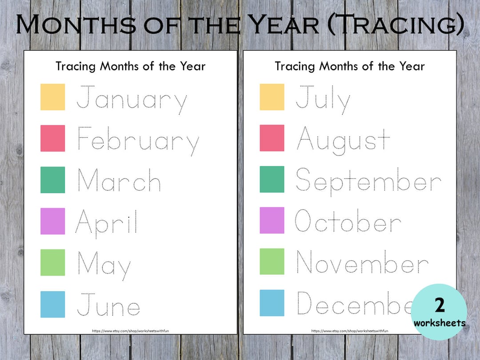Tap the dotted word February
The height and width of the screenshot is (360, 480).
click(x=138, y=140)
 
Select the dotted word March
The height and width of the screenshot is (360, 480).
click(x=119, y=180)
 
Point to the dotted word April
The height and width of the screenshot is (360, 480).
click(x=107, y=222)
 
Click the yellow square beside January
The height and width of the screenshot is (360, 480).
click(x=52, y=97)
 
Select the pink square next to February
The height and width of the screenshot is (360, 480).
click(x=52, y=138)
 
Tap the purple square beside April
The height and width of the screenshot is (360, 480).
click(x=52, y=221)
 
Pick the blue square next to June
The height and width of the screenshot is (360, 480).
click(x=52, y=304)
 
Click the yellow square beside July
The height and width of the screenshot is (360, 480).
click(x=272, y=97)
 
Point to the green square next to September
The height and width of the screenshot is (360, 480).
click(x=272, y=180)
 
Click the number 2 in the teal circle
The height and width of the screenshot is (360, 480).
click(x=440, y=306)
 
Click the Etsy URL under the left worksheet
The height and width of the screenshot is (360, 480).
click(x=130, y=331)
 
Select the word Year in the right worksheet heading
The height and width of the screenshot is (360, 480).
click(x=412, y=67)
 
